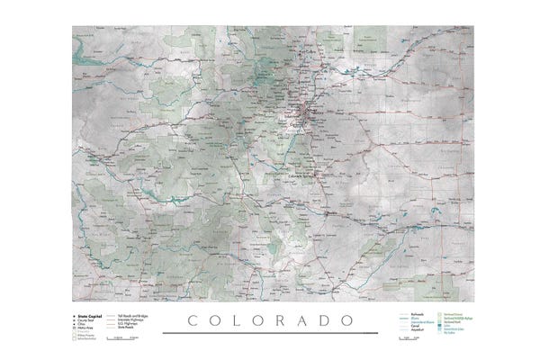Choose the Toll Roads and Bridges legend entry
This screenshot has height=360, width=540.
127,317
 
